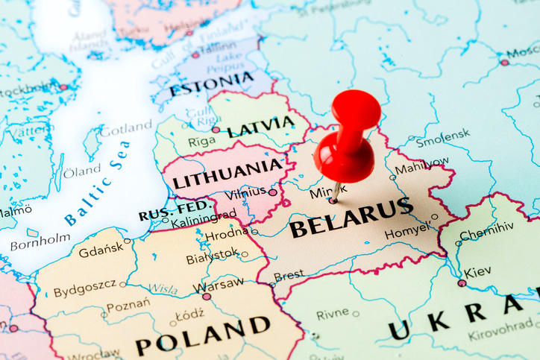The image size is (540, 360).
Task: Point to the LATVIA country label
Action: click(260, 127)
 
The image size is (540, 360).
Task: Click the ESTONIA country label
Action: click(211, 83)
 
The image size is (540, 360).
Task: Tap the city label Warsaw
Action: click(218, 285)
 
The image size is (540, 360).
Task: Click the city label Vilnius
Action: click(245, 192)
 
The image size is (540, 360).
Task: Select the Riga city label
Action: click(201, 141)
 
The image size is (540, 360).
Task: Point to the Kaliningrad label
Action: click(203, 220)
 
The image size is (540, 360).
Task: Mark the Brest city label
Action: click(289, 276)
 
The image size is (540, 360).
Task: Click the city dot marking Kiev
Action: click(462, 283)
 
